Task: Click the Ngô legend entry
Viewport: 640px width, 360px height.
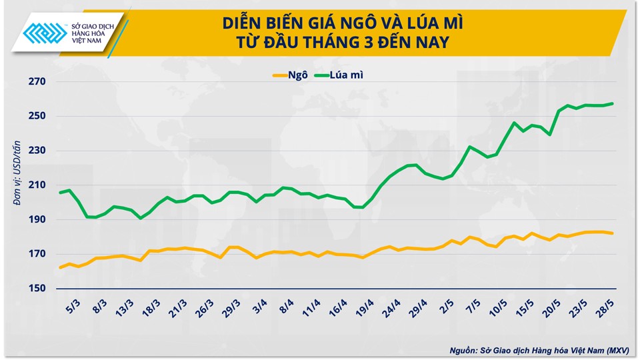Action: pyautogui.click(x=290, y=75)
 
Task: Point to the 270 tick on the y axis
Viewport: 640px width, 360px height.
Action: pyautogui.click(x=36, y=82)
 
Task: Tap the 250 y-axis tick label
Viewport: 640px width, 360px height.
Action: pyautogui.click(x=36, y=116)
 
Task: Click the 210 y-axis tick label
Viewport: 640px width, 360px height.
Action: pyautogui.click(x=36, y=185)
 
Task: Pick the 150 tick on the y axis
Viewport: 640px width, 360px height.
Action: pyautogui.click(x=36, y=289)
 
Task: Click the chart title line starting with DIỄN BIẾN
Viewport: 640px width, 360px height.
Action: pyautogui.click(x=343, y=24)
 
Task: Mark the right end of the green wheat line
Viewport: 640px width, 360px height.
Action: pyautogui.click(x=613, y=103)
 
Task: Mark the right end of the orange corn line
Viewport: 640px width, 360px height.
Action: pyautogui.click(x=613, y=233)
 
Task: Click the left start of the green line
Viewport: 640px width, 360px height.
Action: pyautogui.click(x=60, y=193)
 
